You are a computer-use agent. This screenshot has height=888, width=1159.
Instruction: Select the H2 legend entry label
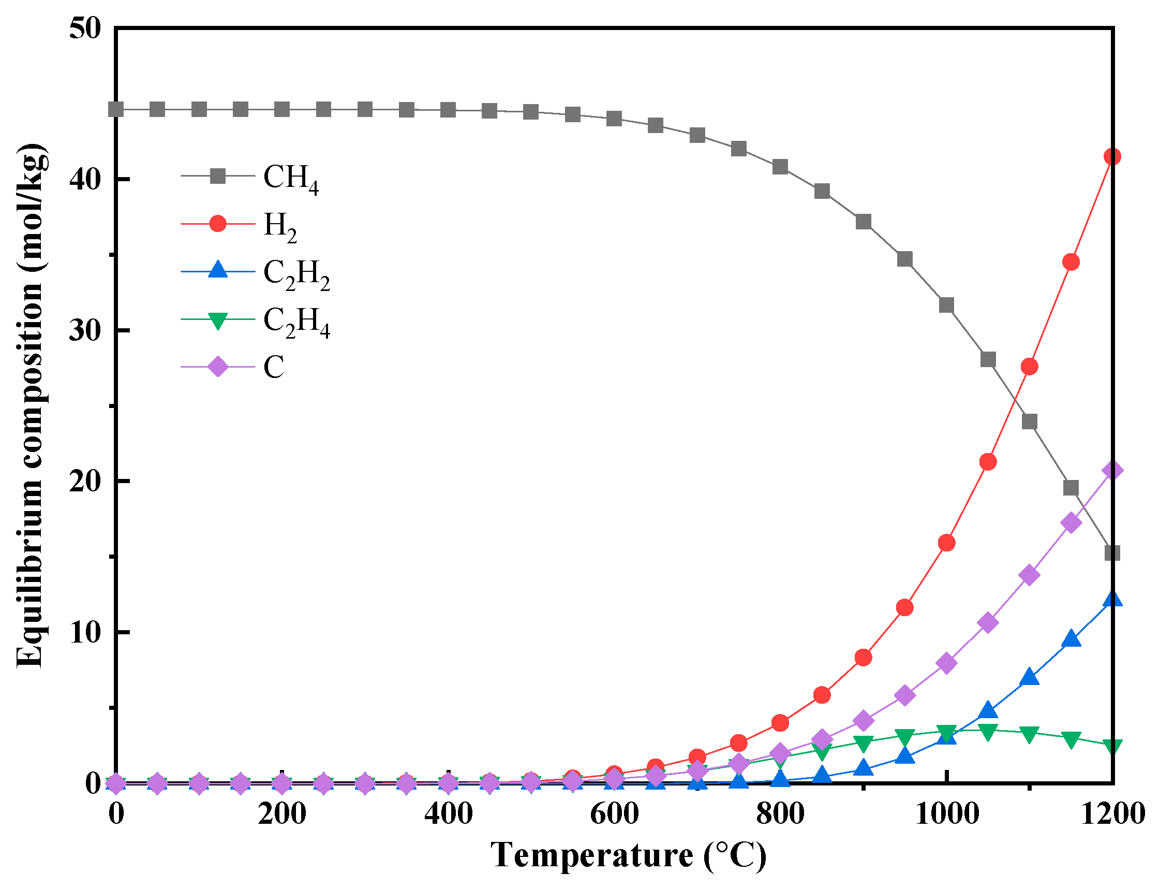click(x=280, y=226)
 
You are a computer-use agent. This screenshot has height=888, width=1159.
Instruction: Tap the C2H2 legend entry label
click(x=296, y=274)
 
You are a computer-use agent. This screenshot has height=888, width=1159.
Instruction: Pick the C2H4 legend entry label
click(x=296, y=322)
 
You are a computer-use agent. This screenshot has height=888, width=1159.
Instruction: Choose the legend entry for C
click(x=274, y=367)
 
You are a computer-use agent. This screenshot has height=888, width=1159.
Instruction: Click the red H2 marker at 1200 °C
click(x=1112, y=156)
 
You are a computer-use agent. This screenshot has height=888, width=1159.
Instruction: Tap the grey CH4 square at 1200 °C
click(x=1112, y=553)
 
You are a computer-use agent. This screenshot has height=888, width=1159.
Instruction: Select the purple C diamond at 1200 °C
click(x=1112, y=470)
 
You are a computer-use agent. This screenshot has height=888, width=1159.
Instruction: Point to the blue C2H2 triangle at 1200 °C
click(x=1112, y=600)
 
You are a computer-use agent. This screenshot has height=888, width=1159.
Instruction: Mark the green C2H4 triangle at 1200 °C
click(x=1112, y=745)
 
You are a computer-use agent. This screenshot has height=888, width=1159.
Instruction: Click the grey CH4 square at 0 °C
click(x=116, y=109)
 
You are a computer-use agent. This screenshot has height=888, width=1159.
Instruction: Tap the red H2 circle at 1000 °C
click(x=946, y=543)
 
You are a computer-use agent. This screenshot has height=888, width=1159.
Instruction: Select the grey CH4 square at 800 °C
click(x=780, y=167)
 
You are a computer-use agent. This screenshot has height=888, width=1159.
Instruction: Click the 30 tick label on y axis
click(x=84, y=330)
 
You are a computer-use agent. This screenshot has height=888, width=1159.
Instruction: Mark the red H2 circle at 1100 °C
click(x=1029, y=366)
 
